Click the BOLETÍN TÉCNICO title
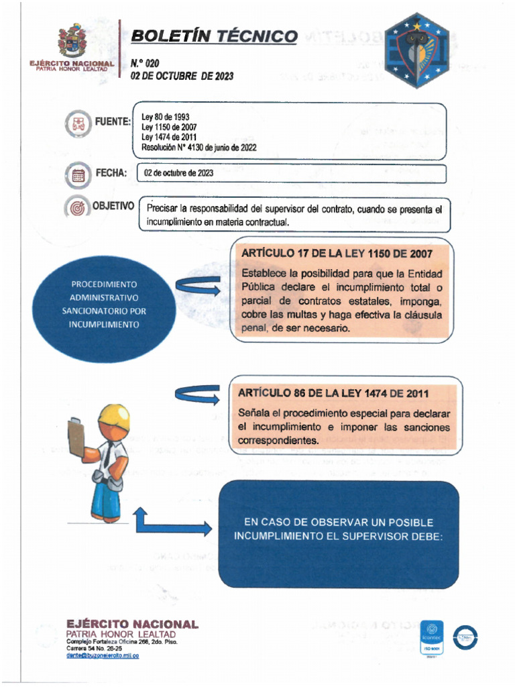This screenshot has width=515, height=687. point(213,36)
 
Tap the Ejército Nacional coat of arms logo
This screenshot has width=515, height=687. point(71,40)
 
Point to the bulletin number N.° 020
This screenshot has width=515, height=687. point(145,63)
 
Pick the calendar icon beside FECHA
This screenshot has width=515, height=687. point(78,175)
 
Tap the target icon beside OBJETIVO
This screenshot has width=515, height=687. point(78,207)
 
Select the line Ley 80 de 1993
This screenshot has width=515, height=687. point(165,117)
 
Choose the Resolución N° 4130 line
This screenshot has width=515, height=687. point(198,147)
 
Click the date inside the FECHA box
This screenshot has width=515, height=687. point(178,173)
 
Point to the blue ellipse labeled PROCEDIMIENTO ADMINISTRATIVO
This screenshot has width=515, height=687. point(104,304)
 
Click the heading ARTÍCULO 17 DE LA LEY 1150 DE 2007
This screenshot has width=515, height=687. point(336,254)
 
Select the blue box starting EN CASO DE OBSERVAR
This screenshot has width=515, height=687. point(338,534)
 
